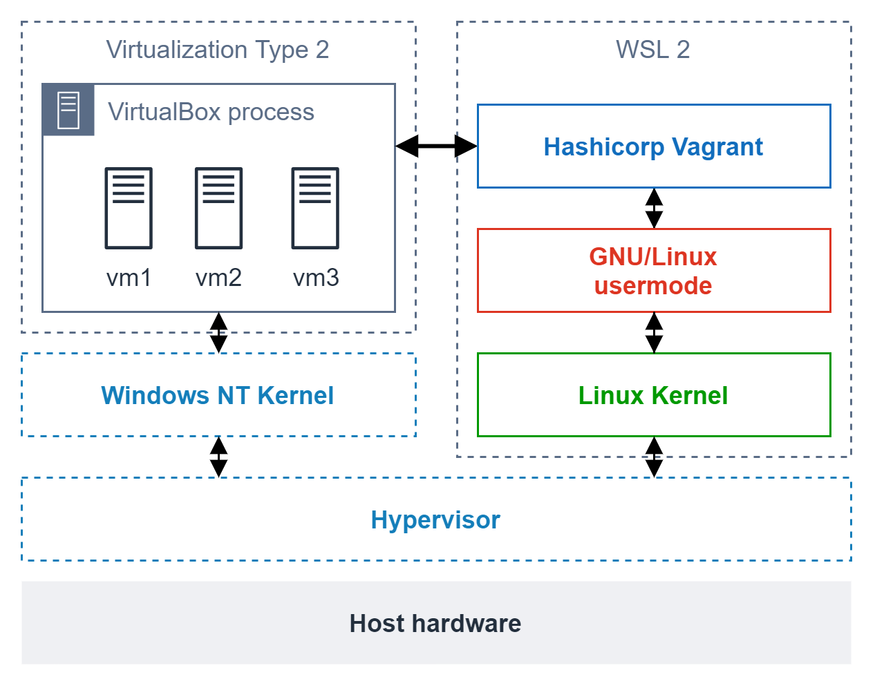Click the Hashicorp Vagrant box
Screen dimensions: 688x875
(x=653, y=146)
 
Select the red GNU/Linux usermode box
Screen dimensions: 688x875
(x=653, y=271)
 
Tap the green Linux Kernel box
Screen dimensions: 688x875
(x=653, y=395)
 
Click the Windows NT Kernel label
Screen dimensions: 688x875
(x=218, y=395)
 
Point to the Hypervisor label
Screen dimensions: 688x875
(x=435, y=519)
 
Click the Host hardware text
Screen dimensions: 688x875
(x=435, y=623)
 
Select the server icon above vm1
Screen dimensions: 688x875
(x=129, y=208)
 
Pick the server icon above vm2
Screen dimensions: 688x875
(x=218, y=208)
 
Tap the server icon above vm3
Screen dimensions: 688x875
(x=315, y=208)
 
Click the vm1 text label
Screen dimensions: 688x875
(x=129, y=278)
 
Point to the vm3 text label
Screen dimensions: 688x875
(x=316, y=278)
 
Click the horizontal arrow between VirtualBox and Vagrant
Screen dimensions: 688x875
(x=436, y=146)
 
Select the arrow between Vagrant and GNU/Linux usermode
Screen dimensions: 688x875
(x=654, y=208)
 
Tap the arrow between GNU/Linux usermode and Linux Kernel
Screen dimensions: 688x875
(x=654, y=332)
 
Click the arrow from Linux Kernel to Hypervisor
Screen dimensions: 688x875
(x=654, y=457)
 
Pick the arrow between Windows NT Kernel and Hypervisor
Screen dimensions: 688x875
(x=218, y=457)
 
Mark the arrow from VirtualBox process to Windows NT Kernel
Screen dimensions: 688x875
(x=218, y=332)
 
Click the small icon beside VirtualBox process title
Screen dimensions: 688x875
(x=68, y=111)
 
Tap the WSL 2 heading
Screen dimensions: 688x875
(x=652, y=50)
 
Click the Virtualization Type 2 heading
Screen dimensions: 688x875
(x=218, y=50)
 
